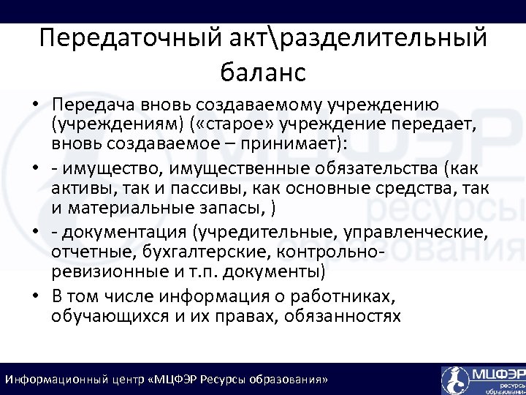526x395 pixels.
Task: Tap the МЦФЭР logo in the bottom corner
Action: pos(482,379)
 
